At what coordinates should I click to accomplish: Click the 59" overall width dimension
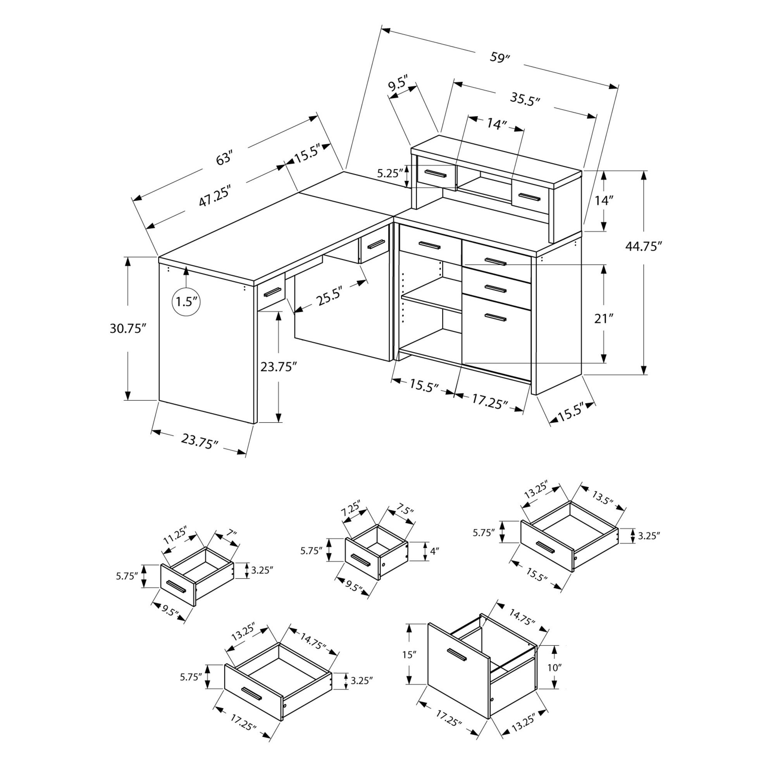pos(499,57)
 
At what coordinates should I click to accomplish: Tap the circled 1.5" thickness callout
pos(186,301)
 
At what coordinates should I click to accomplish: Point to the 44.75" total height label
pos(642,246)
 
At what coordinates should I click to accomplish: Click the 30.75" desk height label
pos(127,329)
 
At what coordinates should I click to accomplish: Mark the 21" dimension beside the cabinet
pos(604,319)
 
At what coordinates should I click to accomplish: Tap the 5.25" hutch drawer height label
pos(389,173)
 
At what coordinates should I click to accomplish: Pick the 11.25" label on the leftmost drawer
pos(174,536)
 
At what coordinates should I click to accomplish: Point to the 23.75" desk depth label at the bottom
pos(199,442)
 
